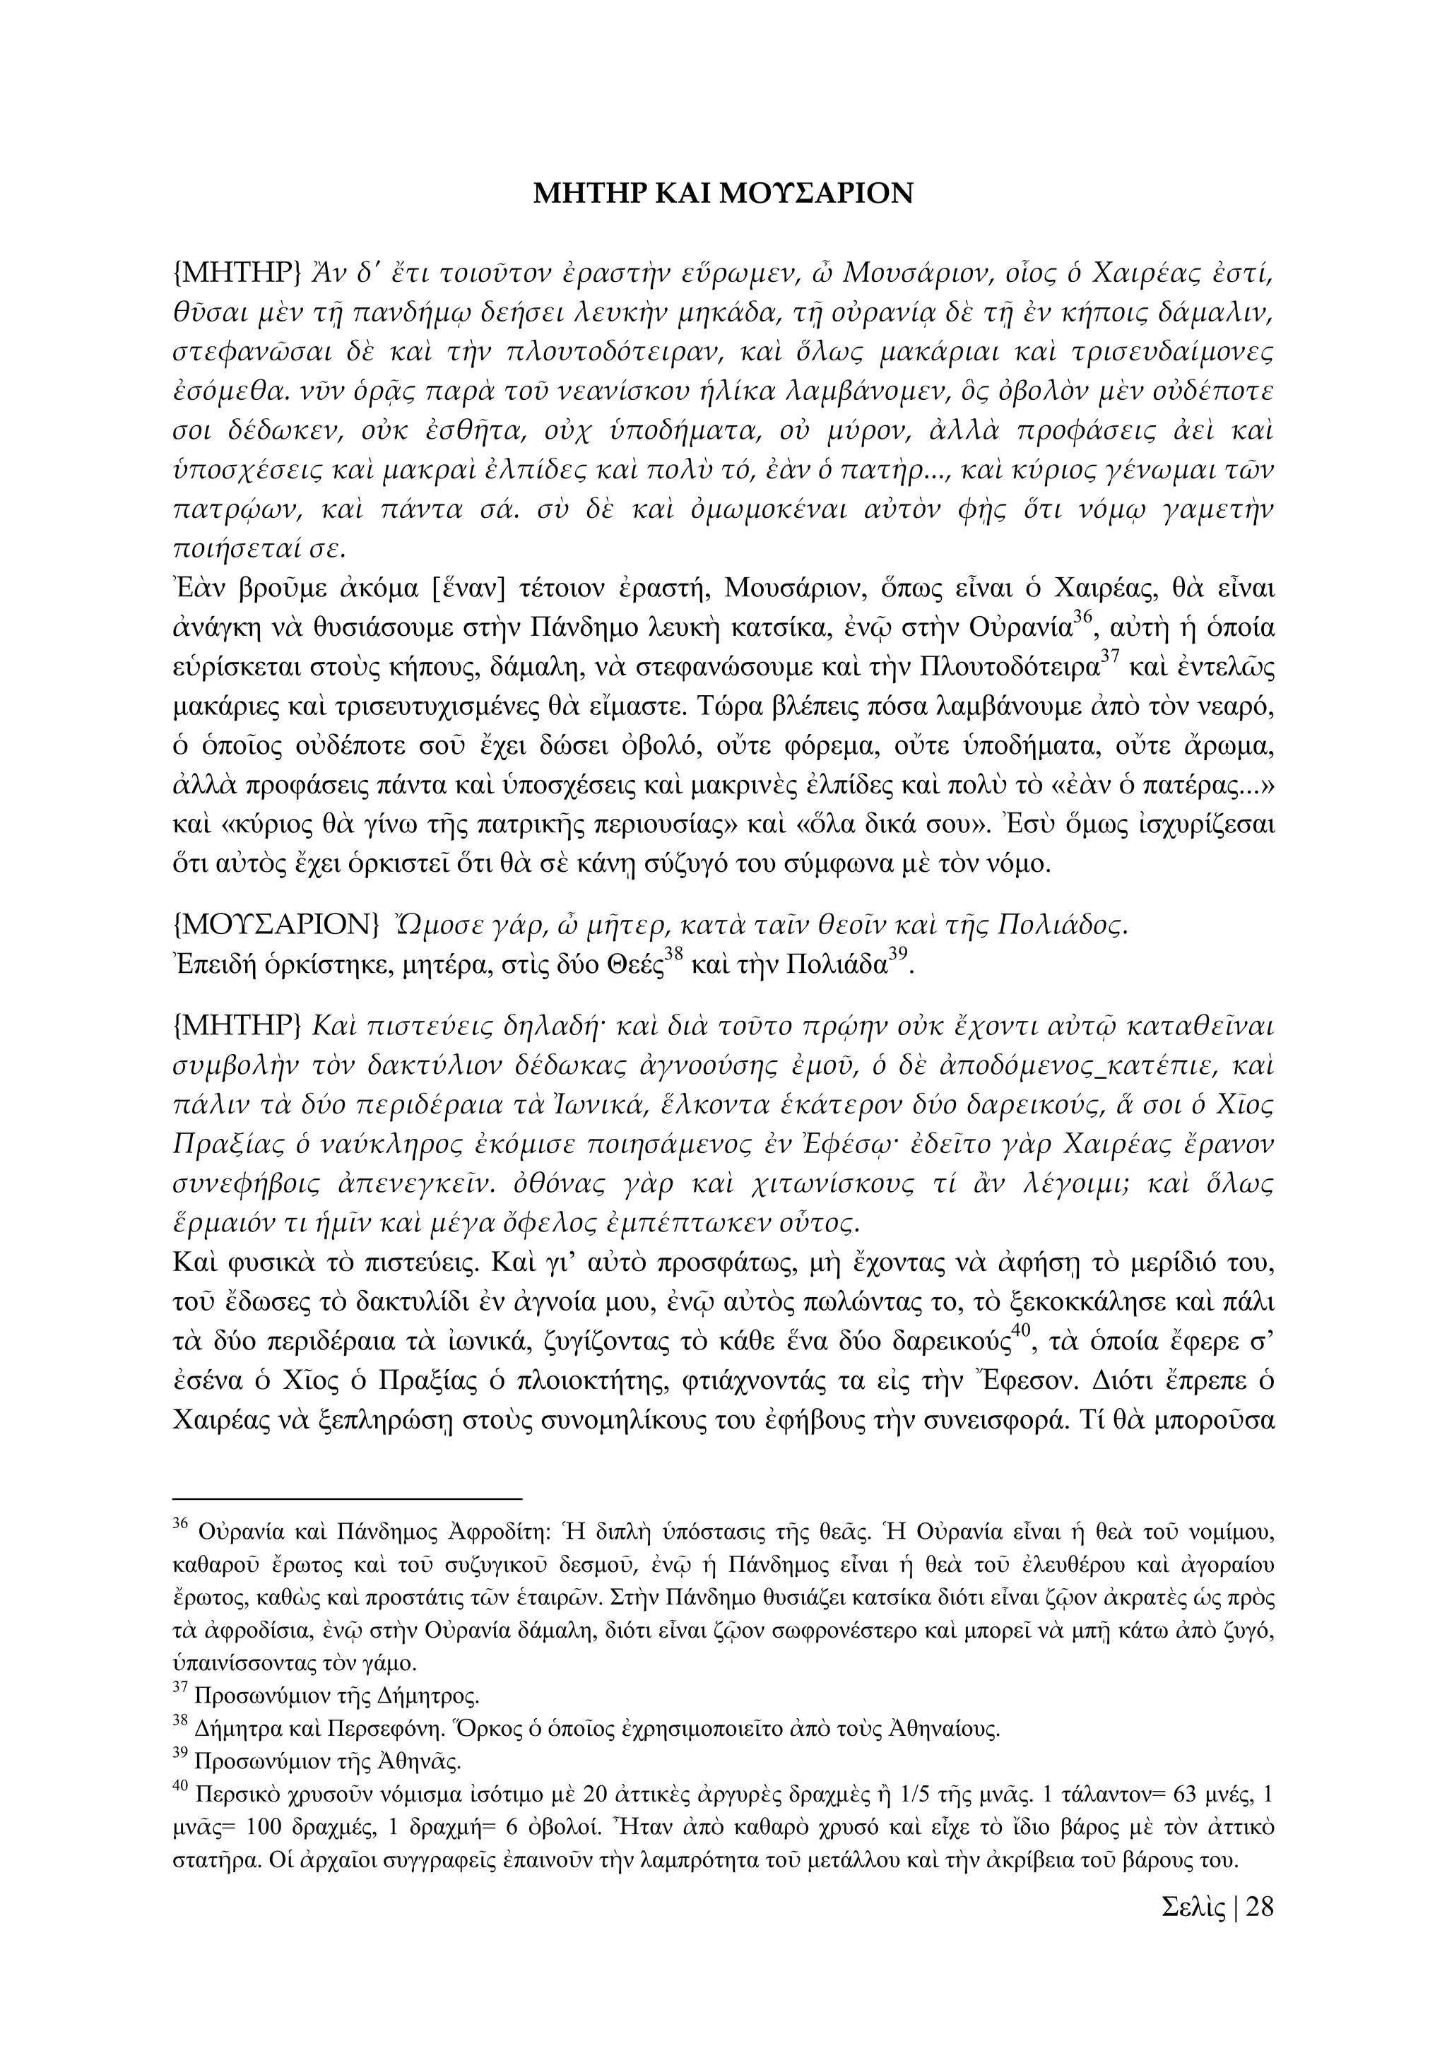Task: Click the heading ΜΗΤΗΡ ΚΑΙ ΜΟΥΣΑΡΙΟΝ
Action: (723, 194)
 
